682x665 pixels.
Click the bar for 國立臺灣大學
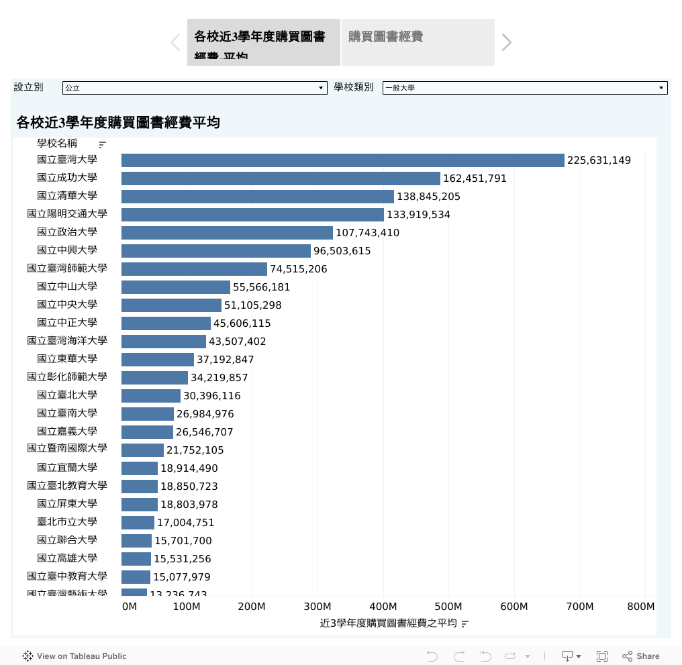click(342, 160)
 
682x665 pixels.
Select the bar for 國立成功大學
click(281, 178)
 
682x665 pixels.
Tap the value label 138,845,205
click(428, 197)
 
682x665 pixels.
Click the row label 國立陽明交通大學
click(67, 214)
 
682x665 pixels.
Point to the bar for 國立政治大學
click(227, 233)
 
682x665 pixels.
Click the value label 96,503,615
click(342, 251)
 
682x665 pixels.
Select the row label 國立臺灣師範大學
click(67, 268)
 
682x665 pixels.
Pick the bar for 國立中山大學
click(176, 287)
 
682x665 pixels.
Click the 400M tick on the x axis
click(383, 607)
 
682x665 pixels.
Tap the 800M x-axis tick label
click(640, 607)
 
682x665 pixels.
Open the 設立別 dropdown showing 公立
click(194, 88)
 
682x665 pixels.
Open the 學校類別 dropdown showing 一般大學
click(525, 88)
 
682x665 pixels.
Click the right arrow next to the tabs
click(507, 42)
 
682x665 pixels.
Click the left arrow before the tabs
click(175, 42)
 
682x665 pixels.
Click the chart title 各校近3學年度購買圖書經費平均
click(118, 123)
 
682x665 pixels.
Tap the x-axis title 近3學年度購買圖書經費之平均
click(389, 623)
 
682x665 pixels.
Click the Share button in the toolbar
click(641, 656)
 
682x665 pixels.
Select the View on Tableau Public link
click(75, 656)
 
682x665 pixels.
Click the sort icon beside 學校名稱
click(103, 144)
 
